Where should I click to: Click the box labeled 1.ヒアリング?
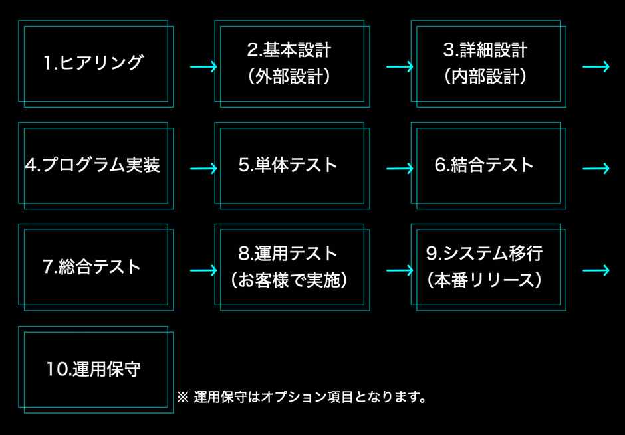pyautogui.click(x=95, y=64)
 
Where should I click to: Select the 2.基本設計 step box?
pyautogui.click(x=291, y=64)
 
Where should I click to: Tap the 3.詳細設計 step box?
pyautogui.click(x=487, y=64)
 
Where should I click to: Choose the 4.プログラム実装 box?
pyautogui.click(x=95, y=165)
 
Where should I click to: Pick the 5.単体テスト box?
pyautogui.click(x=291, y=165)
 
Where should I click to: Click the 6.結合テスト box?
pyautogui.click(x=487, y=165)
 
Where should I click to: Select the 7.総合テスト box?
pyautogui.click(x=95, y=268)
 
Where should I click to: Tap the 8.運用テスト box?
pyautogui.click(x=291, y=268)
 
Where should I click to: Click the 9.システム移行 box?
pyautogui.click(x=487, y=268)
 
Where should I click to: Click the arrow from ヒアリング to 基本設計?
pyautogui.click(x=203, y=67)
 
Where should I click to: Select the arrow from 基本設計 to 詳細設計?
pyautogui.click(x=400, y=67)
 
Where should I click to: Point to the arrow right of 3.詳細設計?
pyautogui.click(x=596, y=67)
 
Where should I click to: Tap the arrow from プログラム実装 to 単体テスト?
pyautogui.click(x=203, y=169)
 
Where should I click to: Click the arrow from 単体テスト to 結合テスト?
pyautogui.click(x=400, y=169)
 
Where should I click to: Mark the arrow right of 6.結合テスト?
pyautogui.click(x=596, y=169)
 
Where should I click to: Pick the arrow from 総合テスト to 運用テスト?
pyautogui.click(x=203, y=270)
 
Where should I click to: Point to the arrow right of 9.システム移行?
pyautogui.click(x=596, y=270)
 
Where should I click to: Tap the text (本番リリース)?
pyautogui.click(x=485, y=281)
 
